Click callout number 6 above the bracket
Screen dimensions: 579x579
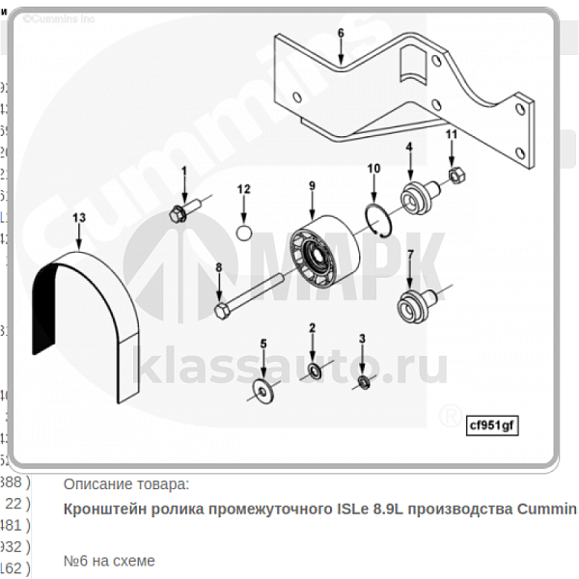pos(340,33)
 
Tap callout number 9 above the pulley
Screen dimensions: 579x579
pos(312,185)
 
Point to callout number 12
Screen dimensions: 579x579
pos(244,188)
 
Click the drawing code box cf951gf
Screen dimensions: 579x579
pos(492,423)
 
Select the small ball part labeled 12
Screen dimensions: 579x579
pos(244,232)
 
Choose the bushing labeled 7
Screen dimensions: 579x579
pos(413,306)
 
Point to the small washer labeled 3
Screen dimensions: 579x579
pos(363,383)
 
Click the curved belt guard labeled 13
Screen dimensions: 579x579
pos(82,328)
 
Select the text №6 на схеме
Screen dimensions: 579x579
pos(108,560)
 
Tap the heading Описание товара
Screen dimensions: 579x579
pos(126,482)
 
